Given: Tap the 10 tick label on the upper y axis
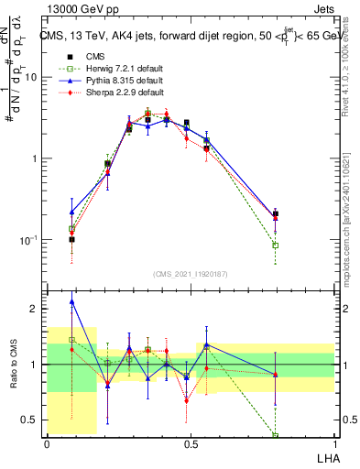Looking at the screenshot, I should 30,77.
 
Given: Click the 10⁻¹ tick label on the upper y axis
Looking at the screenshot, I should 27,239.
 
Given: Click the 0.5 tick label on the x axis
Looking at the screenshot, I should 191,442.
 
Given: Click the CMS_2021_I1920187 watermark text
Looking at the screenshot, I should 191,274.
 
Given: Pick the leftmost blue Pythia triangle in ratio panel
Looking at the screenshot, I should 72,301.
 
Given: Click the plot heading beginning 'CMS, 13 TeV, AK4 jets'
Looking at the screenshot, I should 189,36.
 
